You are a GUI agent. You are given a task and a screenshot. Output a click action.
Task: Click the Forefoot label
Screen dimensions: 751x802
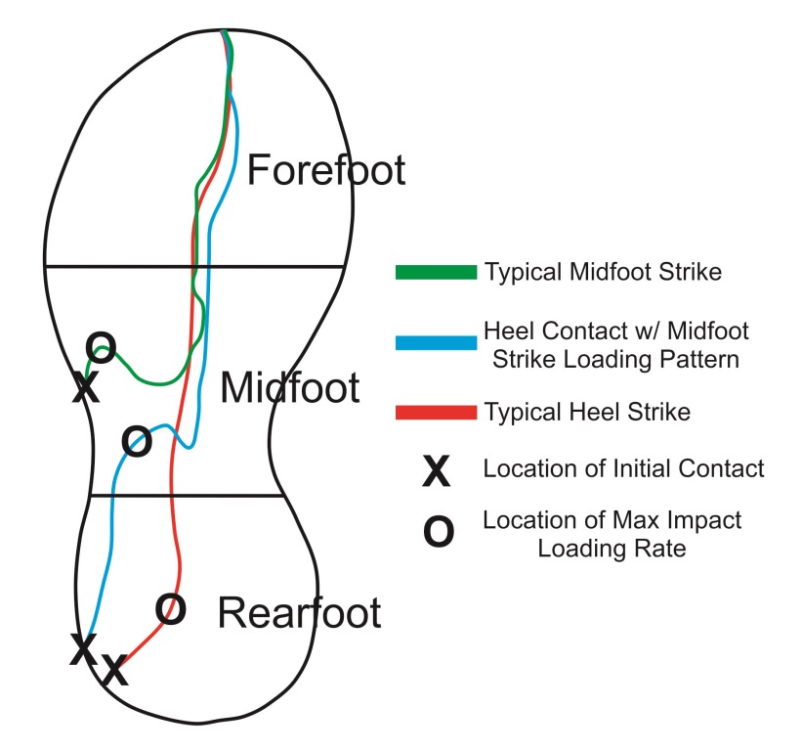click(325, 170)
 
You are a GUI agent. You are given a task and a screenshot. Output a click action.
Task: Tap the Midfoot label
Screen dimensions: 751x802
click(290, 388)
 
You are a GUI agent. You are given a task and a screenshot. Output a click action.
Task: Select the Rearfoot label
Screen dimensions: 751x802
click(298, 613)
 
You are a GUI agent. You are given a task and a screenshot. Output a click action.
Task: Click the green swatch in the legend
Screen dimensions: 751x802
click(434, 272)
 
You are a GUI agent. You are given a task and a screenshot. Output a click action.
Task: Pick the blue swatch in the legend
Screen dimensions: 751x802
click(434, 342)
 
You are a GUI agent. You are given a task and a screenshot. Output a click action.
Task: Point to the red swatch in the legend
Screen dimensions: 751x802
click(434, 413)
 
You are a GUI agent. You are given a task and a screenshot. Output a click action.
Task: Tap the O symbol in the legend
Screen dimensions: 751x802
click(437, 532)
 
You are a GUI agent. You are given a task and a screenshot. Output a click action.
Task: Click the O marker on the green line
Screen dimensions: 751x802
click(101, 345)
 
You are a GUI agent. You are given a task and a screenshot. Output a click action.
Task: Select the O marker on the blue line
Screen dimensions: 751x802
click(138, 442)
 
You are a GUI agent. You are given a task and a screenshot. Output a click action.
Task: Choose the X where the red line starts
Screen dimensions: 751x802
click(114, 671)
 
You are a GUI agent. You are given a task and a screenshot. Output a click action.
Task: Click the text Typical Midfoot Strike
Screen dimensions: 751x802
click(603, 273)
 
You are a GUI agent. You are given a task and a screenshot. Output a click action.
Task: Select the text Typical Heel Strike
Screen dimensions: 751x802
click(586, 413)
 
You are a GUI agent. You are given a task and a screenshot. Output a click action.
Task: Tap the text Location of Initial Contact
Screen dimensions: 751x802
click(623, 469)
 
